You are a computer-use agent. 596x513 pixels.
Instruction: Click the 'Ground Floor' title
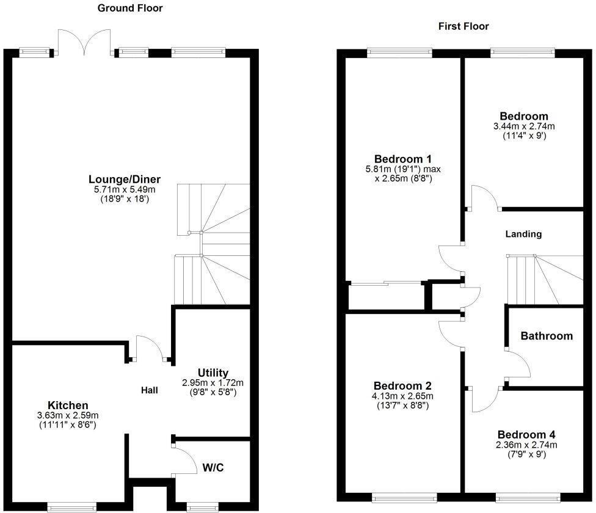click(x=130, y=8)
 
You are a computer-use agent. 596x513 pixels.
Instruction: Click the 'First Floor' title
click(x=463, y=26)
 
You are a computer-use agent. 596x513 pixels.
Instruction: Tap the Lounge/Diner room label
click(x=125, y=179)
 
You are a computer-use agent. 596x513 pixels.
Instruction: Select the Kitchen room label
click(x=68, y=406)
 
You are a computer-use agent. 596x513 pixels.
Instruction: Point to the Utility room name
click(x=213, y=373)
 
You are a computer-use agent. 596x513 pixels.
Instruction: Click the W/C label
click(x=213, y=468)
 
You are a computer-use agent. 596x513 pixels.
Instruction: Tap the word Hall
click(x=150, y=390)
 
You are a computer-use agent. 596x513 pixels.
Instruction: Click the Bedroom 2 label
click(x=402, y=386)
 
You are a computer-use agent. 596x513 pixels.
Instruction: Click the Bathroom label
click(x=547, y=336)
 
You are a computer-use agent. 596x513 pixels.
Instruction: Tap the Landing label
click(x=523, y=234)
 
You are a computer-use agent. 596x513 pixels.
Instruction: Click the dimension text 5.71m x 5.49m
click(x=125, y=189)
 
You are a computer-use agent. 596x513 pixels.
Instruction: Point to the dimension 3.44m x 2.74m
click(x=523, y=126)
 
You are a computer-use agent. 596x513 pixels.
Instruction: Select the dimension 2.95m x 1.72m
click(x=213, y=383)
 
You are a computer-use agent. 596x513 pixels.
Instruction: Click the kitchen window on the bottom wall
click(x=72, y=506)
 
